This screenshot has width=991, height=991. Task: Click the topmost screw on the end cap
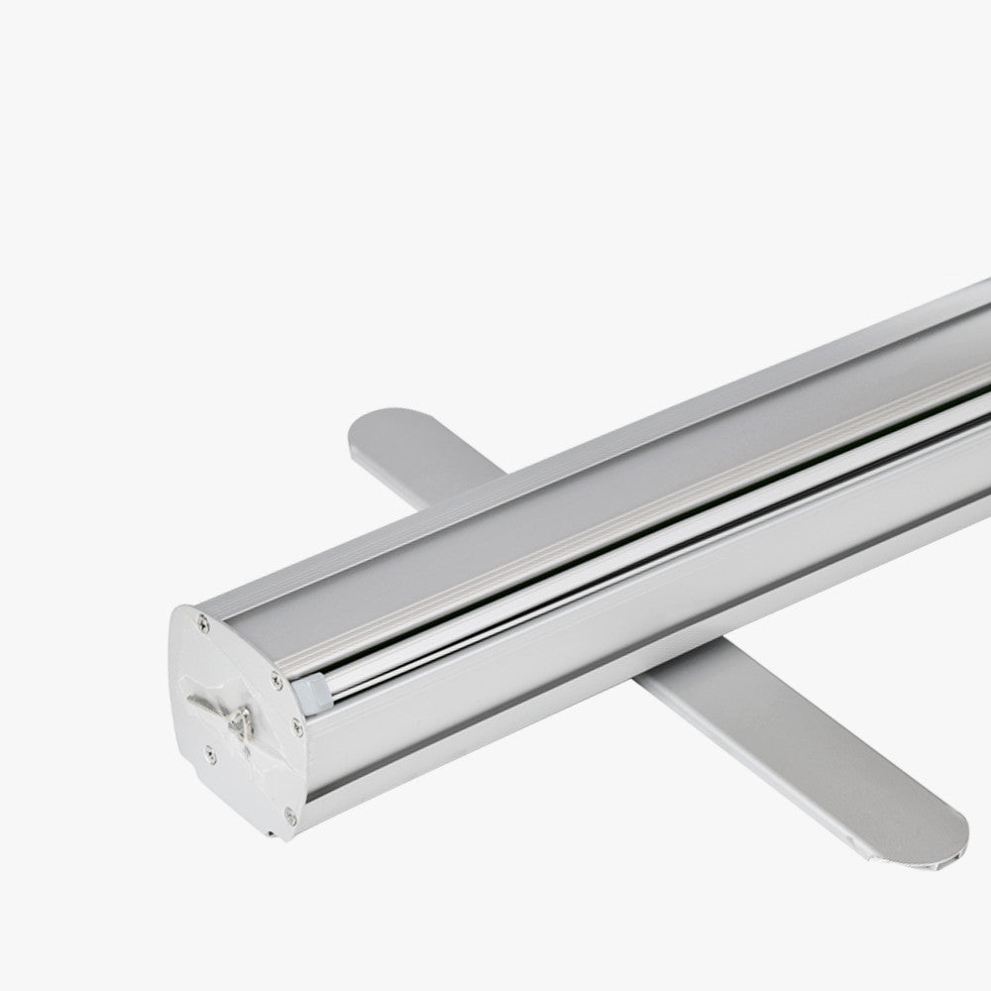coord(203,621)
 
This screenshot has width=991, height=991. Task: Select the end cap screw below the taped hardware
coord(209,753)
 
